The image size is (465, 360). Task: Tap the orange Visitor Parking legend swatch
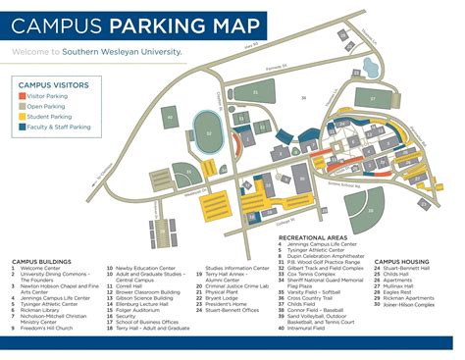[23, 96]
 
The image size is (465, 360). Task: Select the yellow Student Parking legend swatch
[23, 117]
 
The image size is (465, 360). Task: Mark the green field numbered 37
[372, 98]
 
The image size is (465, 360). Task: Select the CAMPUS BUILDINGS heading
[39, 262]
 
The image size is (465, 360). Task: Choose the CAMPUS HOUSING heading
[401, 262]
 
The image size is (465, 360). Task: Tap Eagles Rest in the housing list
[402, 292]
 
